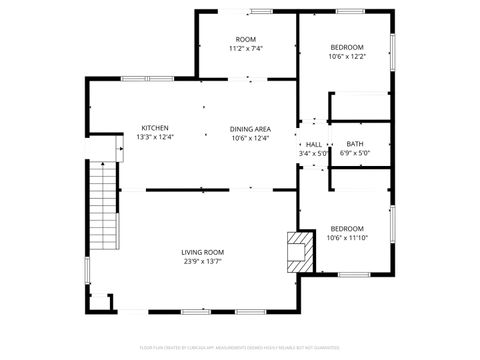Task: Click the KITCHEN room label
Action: pos(155,128)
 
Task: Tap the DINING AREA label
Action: pos(250,129)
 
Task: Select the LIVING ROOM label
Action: pos(202,252)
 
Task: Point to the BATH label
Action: pos(355,144)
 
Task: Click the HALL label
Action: pos(313,144)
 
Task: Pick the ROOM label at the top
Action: pos(245,39)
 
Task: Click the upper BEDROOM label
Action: pos(346,47)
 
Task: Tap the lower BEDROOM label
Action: pos(346,228)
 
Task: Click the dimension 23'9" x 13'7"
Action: pos(202,262)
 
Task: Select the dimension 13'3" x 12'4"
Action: pos(155,138)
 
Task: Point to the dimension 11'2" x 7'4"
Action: pos(245,48)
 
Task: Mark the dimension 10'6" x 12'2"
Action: pos(346,57)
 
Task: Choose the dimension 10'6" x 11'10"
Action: pos(346,238)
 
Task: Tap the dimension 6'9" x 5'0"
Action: pos(355,153)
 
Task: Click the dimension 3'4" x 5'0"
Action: pos(313,154)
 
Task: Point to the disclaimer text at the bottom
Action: pos(240,350)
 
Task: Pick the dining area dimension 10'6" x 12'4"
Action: pos(250,138)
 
